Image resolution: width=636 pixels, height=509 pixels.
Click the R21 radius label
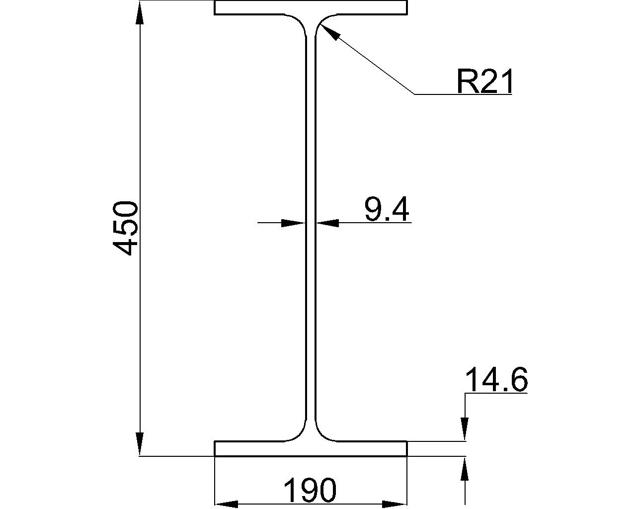(484, 82)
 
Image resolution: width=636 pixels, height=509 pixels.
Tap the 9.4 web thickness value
(387, 209)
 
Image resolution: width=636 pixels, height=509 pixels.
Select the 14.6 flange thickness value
(495, 381)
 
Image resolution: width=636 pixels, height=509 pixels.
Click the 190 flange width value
(310, 490)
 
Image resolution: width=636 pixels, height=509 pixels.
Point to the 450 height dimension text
(125, 228)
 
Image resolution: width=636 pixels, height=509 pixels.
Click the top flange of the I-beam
(311, 8)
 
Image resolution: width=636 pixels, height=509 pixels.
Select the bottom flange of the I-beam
(311, 448)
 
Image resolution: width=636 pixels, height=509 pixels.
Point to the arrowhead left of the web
(293, 223)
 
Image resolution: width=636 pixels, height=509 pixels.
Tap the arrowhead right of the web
(328, 223)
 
